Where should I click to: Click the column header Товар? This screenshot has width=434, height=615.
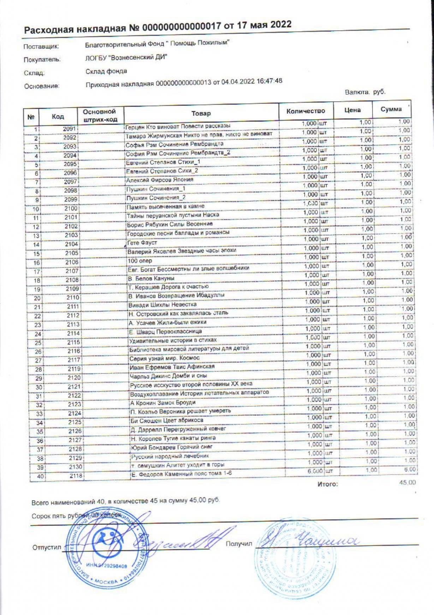coord(201,113)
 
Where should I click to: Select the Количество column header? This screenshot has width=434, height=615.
coord(305,111)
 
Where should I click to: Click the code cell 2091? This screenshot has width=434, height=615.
coord(70,129)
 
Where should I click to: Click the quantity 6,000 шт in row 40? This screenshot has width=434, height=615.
coord(319,471)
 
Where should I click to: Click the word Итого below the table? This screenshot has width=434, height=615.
coord(328,484)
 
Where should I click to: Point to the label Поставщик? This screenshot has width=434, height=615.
coord(41,47)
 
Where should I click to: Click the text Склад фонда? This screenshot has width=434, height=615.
coord(106,71)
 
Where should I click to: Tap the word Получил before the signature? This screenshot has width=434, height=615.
coord(239,543)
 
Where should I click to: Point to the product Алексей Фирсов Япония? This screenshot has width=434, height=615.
coord(160,180)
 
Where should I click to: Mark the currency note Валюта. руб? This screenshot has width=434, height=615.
coord(365,92)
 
